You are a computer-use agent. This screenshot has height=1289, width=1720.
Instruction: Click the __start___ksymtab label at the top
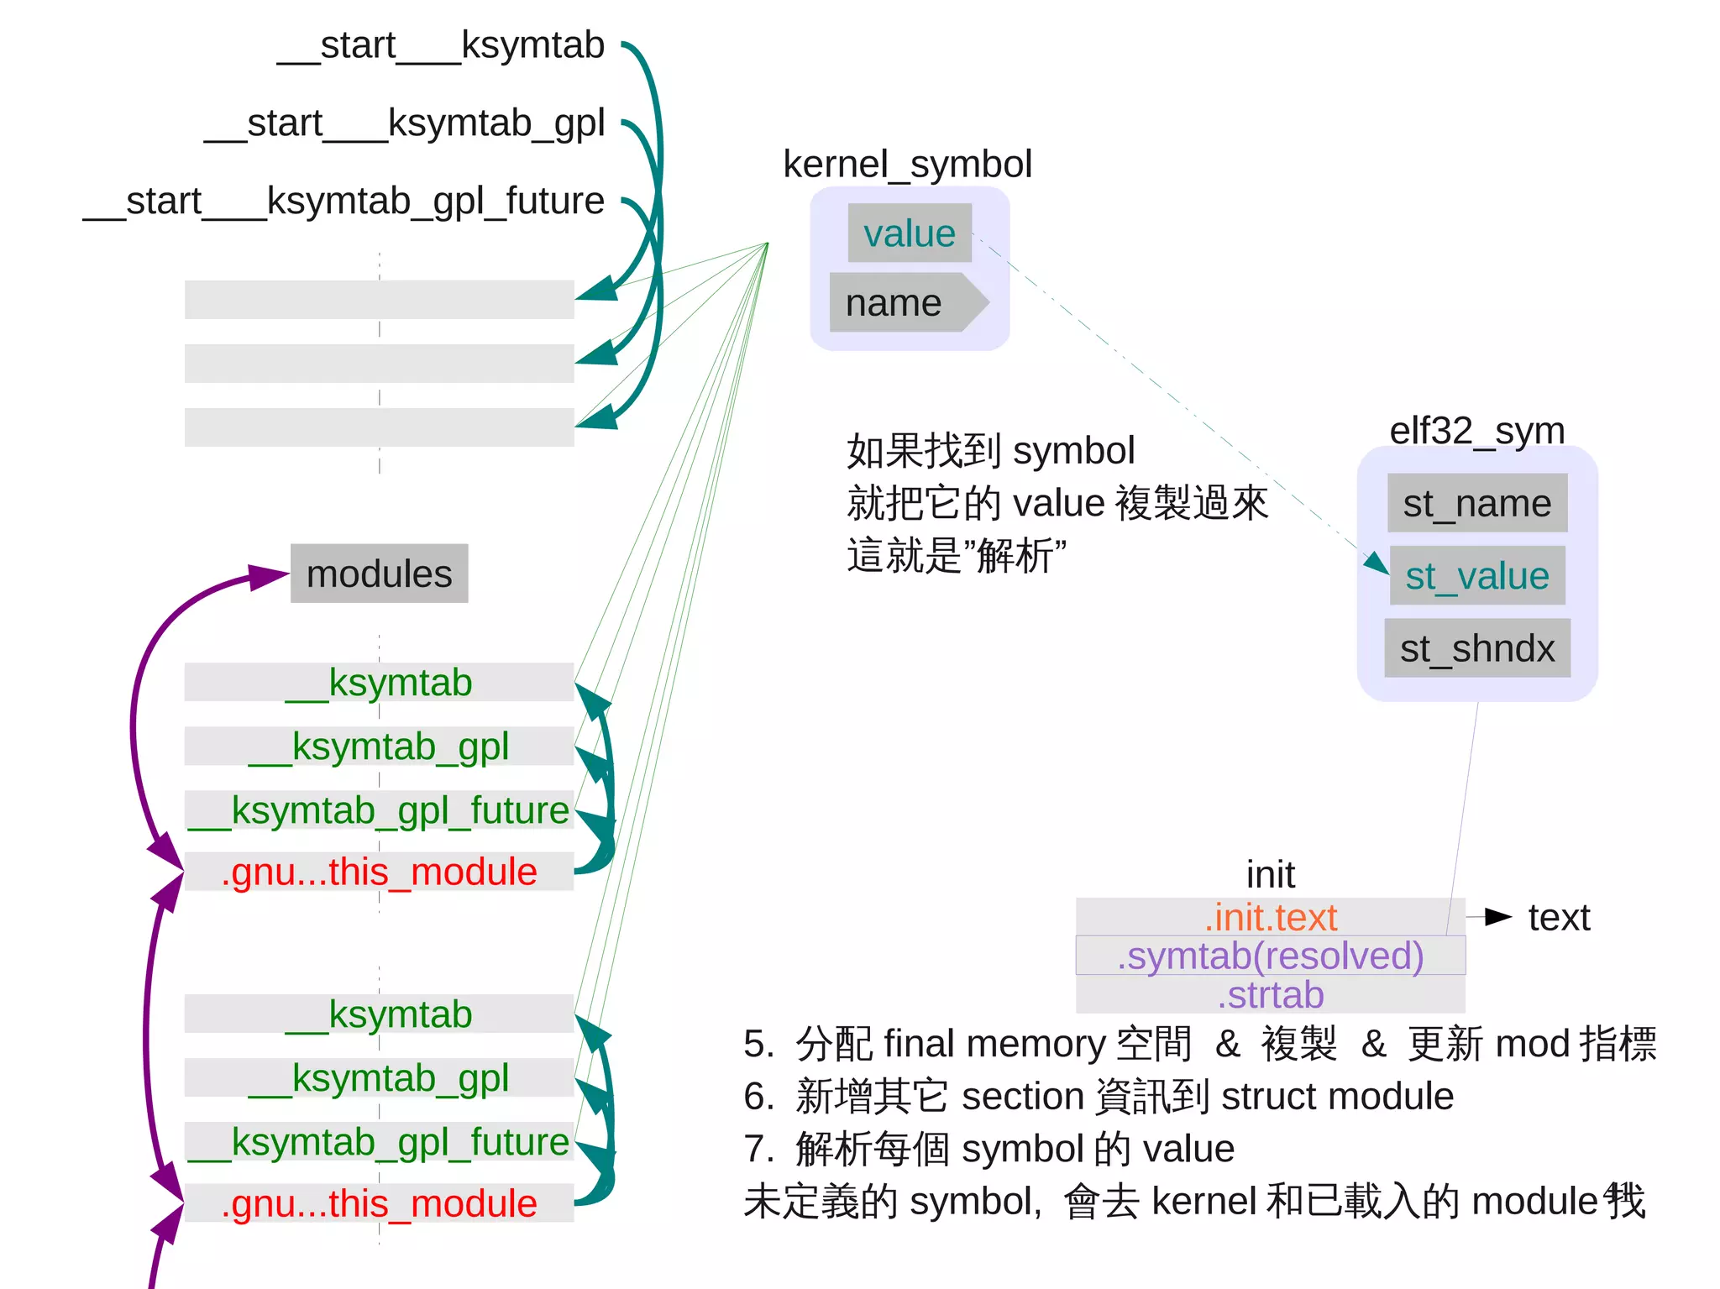click(x=441, y=45)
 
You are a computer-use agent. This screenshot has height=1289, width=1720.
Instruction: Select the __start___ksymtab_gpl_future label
click(x=343, y=202)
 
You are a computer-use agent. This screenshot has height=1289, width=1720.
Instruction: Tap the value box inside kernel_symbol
click(x=910, y=233)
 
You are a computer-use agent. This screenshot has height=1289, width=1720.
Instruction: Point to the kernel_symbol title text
click(x=907, y=164)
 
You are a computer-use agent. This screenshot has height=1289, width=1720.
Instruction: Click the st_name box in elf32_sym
click(x=1476, y=504)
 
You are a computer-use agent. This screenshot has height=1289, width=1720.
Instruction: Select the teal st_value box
click(x=1476, y=576)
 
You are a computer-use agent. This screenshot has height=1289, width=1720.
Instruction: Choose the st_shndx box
click(x=1476, y=648)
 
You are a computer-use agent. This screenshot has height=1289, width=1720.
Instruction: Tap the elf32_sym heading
click(x=1476, y=431)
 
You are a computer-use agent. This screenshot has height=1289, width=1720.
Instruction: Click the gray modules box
click(x=379, y=574)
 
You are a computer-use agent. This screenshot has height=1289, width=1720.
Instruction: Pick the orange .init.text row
click(x=1270, y=917)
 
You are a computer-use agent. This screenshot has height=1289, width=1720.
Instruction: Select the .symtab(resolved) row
click(x=1270, y=956)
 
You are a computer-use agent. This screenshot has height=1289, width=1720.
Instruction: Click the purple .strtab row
click(x=1270, y=995)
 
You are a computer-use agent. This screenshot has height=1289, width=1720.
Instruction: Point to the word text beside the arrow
click(x=1559, y=917)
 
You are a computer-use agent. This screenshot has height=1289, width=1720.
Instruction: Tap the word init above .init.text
click(x=1270, y=875)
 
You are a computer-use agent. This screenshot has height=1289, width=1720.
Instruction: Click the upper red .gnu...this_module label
click(x=379, y=872)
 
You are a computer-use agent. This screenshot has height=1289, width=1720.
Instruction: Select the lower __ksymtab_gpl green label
click(x=379, y=1077)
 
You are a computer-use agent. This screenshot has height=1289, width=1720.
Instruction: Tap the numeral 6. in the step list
click(x=758, y=1097)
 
